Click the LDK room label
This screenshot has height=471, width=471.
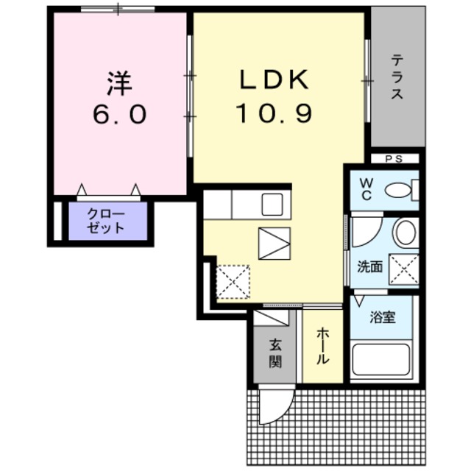pos(275,79)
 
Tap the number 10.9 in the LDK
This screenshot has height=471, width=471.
pos(275,113)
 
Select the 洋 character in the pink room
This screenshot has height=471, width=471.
pos(119,83)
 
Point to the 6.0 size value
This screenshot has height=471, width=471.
pos(119,115)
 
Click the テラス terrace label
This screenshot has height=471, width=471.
pos(397,77)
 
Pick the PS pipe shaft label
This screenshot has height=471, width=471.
pos(394,159)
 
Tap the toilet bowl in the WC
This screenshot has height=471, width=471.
pos(398,190)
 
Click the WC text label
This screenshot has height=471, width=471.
pos(366,189)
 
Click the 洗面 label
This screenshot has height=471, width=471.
pos(369,266)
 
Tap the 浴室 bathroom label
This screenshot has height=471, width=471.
pos(382,317)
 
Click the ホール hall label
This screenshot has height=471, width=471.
pos(323,346)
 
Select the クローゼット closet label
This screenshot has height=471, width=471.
pos(106,221)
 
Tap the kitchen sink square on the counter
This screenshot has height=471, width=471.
pos(272,205)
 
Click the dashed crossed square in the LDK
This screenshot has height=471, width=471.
pos(233,281)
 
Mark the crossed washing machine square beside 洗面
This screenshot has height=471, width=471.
pos(404,269)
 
